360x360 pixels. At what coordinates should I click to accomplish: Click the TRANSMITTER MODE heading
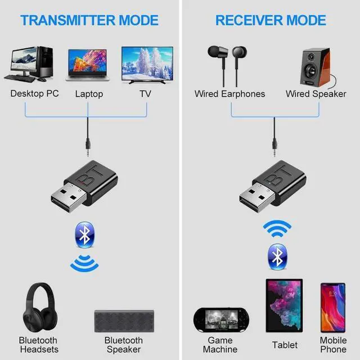coord(89,21)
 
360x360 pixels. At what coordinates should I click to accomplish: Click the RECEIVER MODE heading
coord(271,21)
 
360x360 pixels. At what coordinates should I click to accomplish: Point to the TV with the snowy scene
coord(146,65)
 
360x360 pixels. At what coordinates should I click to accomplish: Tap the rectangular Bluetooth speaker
coord(123,319)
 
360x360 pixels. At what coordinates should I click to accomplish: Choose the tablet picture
coord(285,307)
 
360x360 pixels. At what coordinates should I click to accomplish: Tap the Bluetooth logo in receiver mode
coord(277,256)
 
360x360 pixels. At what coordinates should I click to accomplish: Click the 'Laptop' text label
coord(89,94)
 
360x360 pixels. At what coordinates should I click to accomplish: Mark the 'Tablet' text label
coord(285,345)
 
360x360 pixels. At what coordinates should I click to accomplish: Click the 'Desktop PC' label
coord(34,93)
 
